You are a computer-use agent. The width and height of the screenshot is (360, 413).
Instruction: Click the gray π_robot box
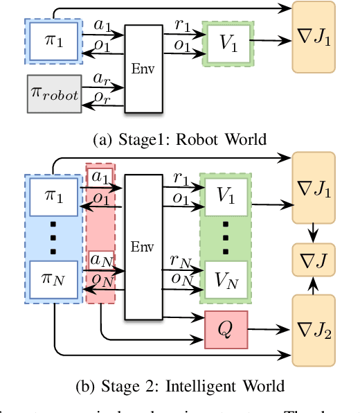click(x=54, y=94)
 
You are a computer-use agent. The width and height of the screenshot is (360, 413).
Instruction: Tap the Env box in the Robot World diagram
click(x=147, y=70)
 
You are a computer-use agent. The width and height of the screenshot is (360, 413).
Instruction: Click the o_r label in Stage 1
click(x=101, y=99)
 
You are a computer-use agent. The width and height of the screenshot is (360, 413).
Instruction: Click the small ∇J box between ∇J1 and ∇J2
click(x=314, y=259)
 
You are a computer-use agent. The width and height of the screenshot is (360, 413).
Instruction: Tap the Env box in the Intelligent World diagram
click(x=147, y=246)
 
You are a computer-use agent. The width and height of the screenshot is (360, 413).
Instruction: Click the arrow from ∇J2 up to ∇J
click(x=314, y=285)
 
